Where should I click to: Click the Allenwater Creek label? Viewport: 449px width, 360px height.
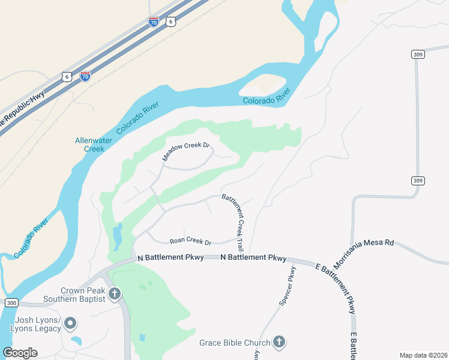coord(90,145)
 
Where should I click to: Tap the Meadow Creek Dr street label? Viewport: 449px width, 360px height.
coord(186,152)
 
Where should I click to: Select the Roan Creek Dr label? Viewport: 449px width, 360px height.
coord(191,242)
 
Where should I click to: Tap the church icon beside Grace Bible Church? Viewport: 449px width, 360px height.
coord(279,342)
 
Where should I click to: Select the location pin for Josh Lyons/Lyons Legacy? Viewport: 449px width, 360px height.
coord(70,324)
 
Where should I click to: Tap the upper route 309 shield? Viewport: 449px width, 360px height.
coord(418,54)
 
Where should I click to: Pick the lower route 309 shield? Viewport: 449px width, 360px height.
coord(418,180)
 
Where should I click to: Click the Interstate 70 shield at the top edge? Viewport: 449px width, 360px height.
coord(154,22)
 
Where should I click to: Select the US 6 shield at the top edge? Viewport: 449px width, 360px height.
coord(171,22)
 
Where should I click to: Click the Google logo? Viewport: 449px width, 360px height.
coord(20,353)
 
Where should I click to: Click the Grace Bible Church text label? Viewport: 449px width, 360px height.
coord(235,343)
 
